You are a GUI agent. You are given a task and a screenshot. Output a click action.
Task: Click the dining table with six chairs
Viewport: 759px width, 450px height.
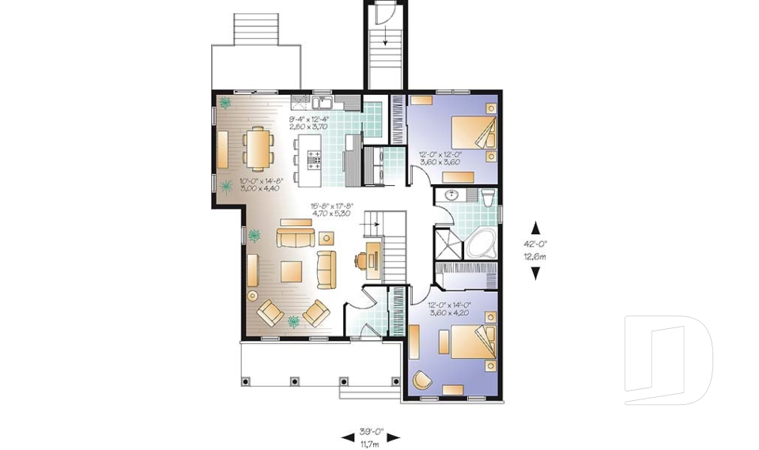coord(256,149)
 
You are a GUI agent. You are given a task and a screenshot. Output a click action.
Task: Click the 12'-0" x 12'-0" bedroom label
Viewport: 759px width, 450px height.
coord(438,157)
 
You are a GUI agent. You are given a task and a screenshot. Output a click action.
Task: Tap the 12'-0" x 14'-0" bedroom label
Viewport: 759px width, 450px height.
coord(449,308)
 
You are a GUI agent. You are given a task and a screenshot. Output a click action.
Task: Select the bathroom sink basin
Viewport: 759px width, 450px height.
coord(453,195)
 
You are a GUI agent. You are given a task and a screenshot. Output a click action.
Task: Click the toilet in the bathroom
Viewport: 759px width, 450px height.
coord(487,197)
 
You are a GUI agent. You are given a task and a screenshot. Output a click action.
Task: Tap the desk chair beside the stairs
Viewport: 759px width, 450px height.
coord(360,258)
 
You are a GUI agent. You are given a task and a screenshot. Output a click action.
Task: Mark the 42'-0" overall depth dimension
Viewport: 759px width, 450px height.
coord(535,250)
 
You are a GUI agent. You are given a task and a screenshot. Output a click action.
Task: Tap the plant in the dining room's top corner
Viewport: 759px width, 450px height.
coord(226,102)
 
